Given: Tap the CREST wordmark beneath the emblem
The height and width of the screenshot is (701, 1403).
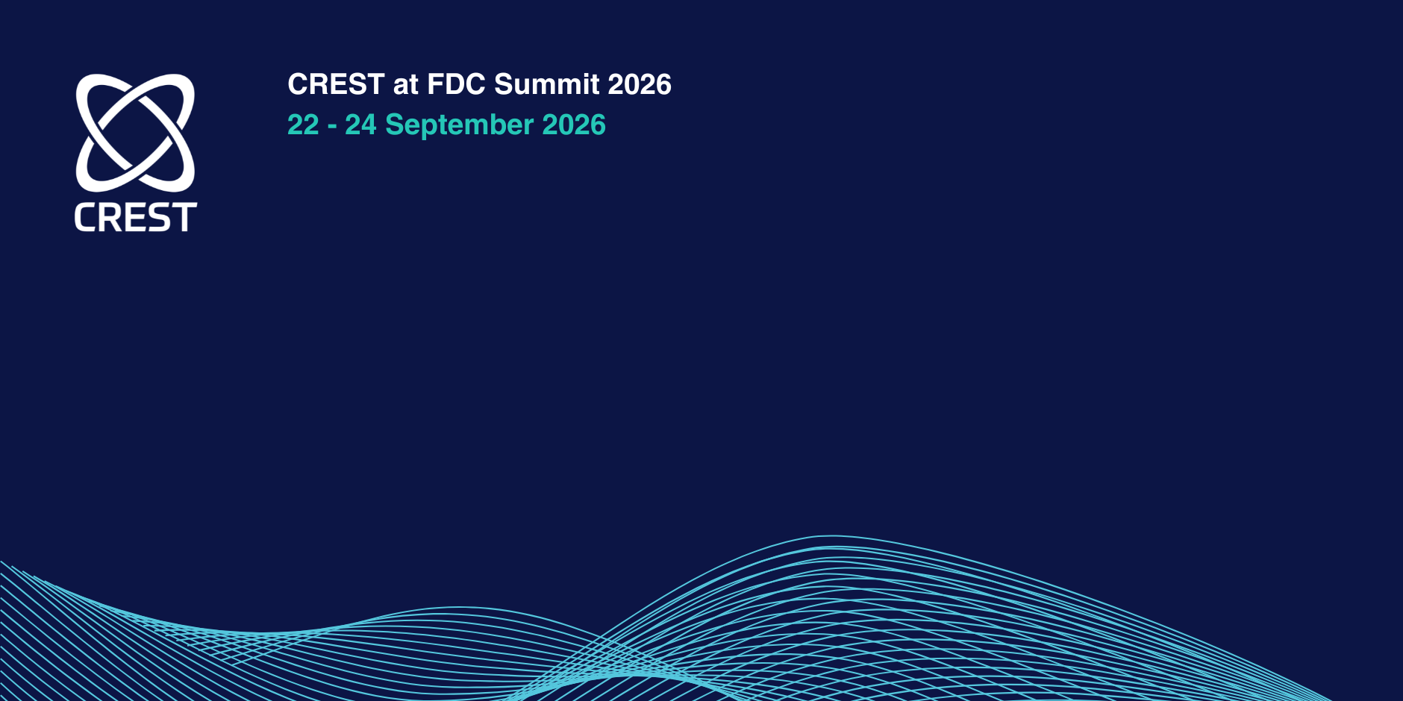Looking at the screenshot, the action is coord(136,217).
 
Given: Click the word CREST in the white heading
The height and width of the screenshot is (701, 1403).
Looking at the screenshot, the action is coord(336,84).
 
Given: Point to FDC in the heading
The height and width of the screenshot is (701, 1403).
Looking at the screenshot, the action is coord(456,84).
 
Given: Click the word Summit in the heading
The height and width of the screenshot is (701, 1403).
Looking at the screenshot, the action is coord(547,84).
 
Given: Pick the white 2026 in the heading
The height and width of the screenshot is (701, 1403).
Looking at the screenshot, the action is coord(640,84).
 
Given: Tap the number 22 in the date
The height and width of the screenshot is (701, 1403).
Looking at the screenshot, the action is coord(303,125).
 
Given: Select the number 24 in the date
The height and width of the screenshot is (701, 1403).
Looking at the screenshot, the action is coord(360,125).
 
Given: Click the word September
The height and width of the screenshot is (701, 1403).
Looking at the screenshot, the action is coord(459,125).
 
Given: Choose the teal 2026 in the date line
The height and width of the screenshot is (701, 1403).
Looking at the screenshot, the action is coord(574,125).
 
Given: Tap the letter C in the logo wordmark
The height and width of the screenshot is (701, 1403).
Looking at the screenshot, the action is coord(86,217).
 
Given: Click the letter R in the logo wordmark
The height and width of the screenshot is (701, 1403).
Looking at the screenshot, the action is coord(112,217).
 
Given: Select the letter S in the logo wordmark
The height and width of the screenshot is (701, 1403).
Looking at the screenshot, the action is coord(160,217).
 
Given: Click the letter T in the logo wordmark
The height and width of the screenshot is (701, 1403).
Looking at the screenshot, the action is coord(185,217).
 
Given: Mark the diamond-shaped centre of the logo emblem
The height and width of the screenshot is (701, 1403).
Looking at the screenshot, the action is coord(135,132).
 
